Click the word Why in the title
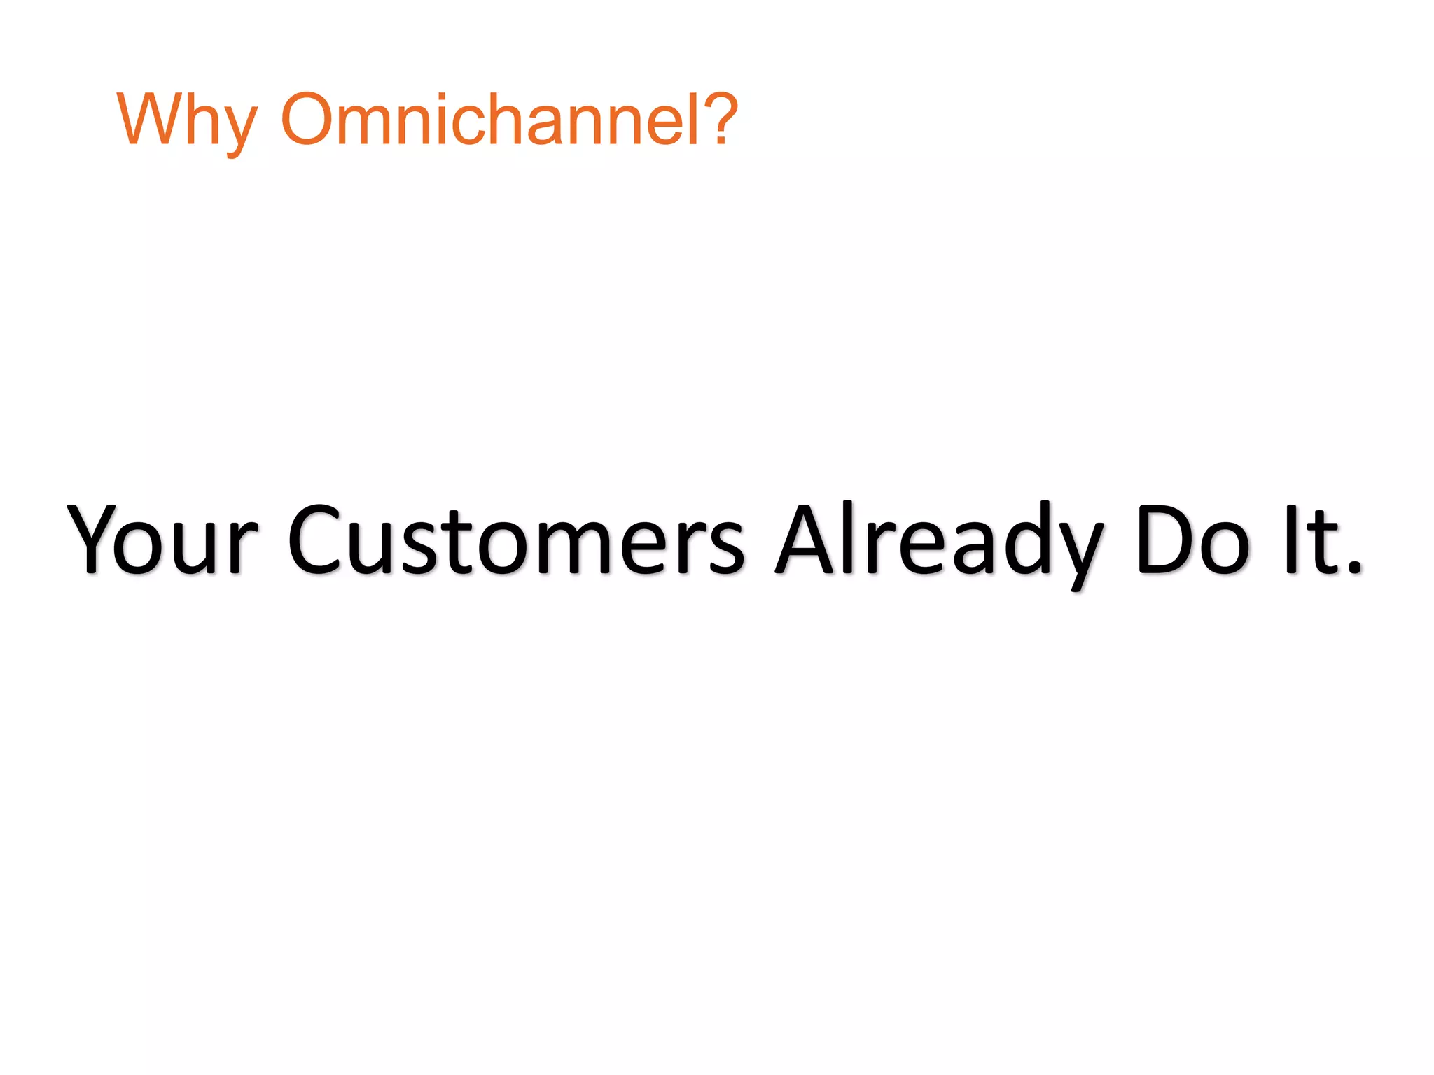click(187, 120)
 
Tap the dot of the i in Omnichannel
click(441, 96)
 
